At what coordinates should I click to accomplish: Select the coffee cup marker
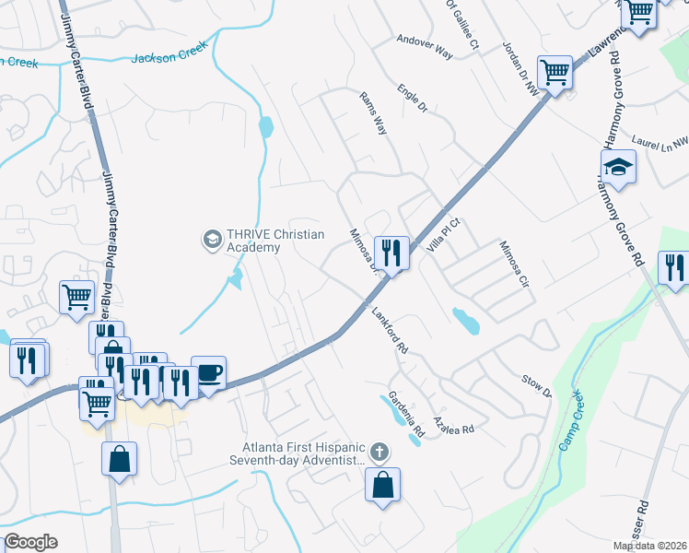point(208,373)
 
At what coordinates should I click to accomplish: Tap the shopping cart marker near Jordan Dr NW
point(555,73)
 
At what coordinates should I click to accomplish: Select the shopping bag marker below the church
point(382,484)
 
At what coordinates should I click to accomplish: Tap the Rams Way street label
point(373,113)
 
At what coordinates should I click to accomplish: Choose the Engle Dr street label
point(413,100)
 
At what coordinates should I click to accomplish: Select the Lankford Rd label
point(389,329)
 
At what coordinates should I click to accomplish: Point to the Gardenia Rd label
point(406,417)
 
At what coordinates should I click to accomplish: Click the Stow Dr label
point(535,386)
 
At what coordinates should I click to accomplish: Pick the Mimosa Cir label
point(513,265)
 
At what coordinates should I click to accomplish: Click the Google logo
point(30,542)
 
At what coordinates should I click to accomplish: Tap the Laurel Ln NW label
point(660,143)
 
